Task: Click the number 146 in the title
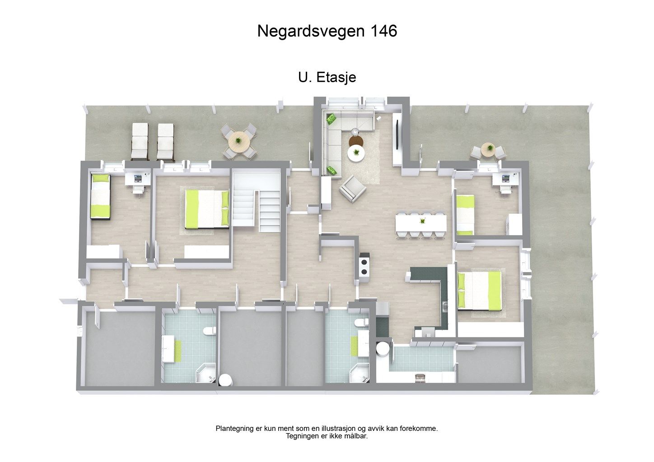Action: click(x=383, y=31)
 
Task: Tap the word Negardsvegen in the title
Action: click(x=311, y=31)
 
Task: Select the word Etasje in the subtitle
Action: click(x=336, y=78)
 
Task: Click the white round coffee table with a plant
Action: click(x=356, y=154)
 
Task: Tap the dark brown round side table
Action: click(x=355, y=141)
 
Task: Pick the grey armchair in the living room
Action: click(x=352, y=189)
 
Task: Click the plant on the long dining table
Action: click(x=422, y=221)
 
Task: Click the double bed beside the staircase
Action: click(x=207, y=209)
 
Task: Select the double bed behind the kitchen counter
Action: click(x=479, y=290)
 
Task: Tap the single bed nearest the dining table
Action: click(x=465, y=215)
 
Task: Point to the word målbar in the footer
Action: click(x=356, y=436)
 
